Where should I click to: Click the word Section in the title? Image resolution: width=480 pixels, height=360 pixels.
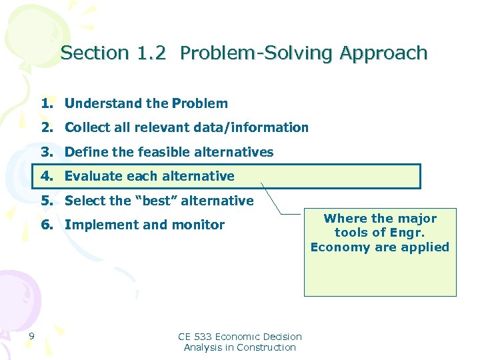click(x=85, y=53)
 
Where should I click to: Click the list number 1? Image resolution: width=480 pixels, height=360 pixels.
click(x=46, y=103)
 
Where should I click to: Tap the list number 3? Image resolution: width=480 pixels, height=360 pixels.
click(x=46, y=152)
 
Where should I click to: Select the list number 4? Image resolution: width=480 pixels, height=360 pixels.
click(x=46, y=176)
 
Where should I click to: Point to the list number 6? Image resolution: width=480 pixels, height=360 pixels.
click(x=46, y=225)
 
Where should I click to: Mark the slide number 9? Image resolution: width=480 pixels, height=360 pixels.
click(x=31, y=335)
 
